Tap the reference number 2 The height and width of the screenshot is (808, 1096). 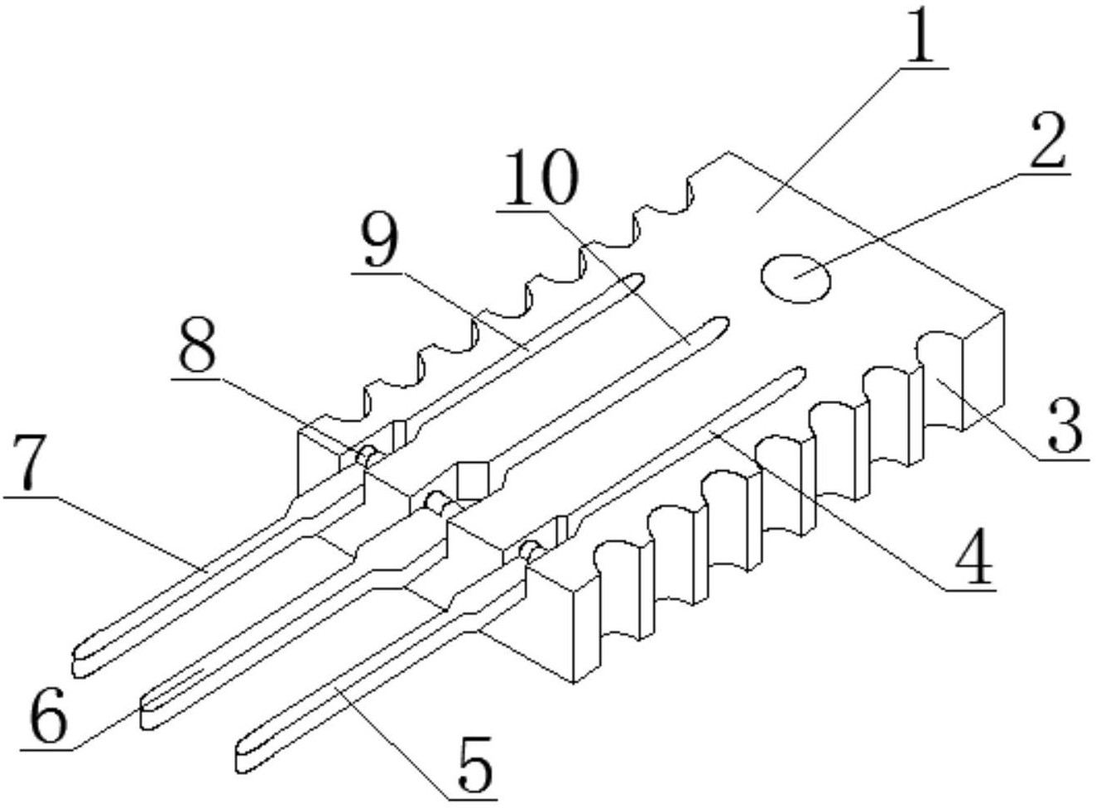pyautogui.click(x=1046, y=143)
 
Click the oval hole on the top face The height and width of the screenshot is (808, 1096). pyautogui.click(x=795, y=278)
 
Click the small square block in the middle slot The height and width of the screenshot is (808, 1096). pyautogui.click(x=472, y=481)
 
